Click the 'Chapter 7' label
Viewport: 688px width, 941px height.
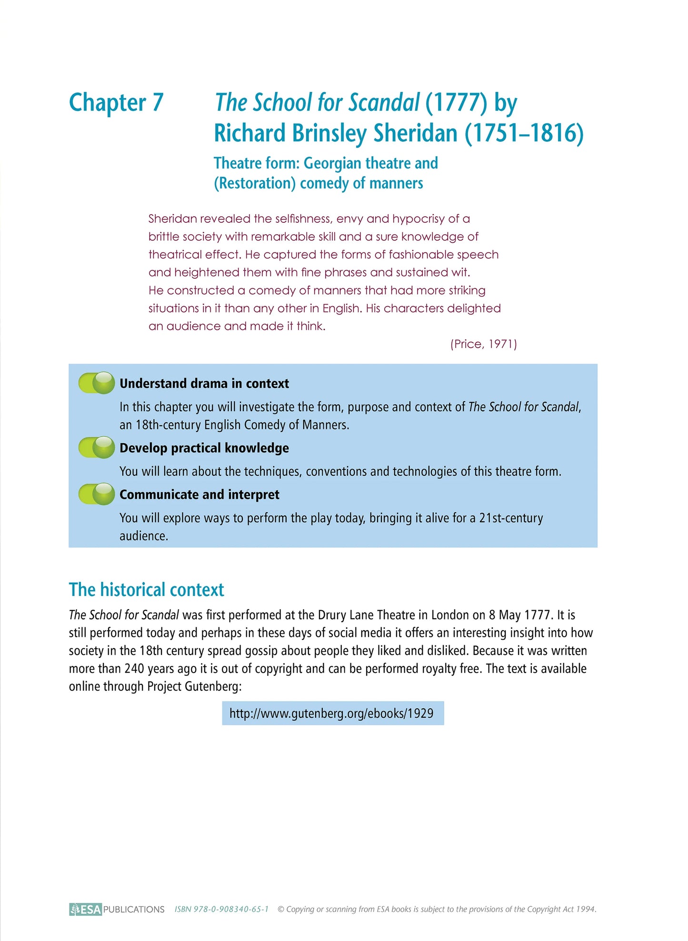[x=116, y=103]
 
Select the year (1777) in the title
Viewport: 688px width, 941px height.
[x=456, y=103]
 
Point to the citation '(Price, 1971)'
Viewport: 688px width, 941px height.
[x=483, y=344]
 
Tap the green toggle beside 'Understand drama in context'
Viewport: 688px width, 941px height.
[x=97, y=383]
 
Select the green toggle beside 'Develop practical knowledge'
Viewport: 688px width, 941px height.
[x=97, y=448]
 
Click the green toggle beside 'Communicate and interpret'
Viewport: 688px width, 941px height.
[x=97, y=494]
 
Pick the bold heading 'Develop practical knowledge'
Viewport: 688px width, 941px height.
[x=204, y=448]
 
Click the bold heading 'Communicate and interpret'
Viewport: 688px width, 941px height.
[x=199, y=495]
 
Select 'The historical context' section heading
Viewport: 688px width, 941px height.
[x=146, y=590]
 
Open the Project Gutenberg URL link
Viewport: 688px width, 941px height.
[x=332, y=713]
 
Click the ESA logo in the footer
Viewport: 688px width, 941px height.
[x=86, y=910]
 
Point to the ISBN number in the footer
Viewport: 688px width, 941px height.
[x=221, y=910]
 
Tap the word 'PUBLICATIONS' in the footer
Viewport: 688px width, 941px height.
[x=134, y=910]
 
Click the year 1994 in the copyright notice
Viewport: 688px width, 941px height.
[x=586, y=910]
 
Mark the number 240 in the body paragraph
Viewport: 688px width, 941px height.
[x=134, y=669]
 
